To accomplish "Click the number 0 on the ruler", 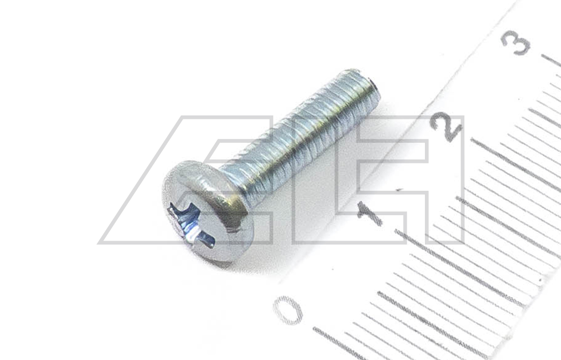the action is [288, 310].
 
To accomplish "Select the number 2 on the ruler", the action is [446, 126].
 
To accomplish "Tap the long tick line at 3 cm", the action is [551, 61].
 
